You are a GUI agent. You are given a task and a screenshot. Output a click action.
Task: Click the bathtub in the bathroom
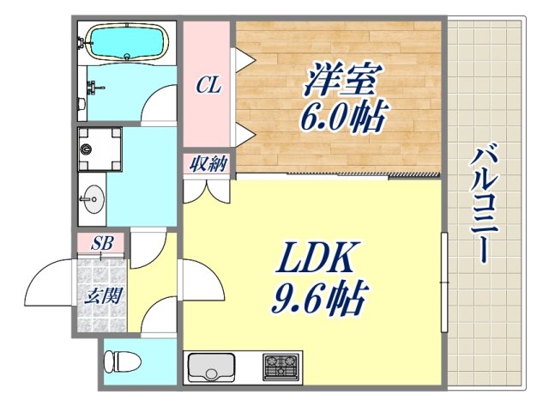(127, 43)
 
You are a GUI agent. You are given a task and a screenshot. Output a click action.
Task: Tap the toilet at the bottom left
(121, 361)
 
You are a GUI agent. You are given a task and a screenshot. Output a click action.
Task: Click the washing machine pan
(96, 150)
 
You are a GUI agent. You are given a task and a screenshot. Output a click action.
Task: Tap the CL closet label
(208, 86)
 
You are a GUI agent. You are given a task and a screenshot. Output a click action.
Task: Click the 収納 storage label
(207, 163)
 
